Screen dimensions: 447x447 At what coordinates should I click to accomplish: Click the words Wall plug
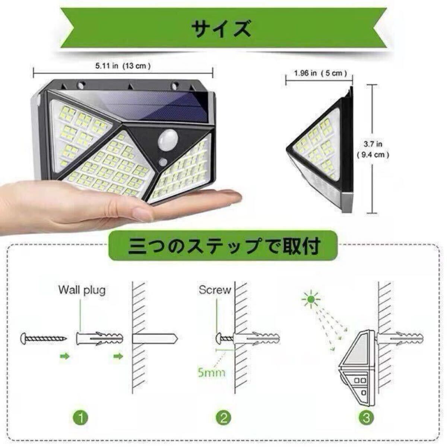(82, 290)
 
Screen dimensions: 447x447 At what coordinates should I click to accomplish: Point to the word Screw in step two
(215, 290)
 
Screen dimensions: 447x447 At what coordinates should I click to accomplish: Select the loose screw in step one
(44, 338)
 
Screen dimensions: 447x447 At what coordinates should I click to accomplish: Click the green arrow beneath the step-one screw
(65, 356)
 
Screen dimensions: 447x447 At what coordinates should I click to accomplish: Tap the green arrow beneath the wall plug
(118, 356)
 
